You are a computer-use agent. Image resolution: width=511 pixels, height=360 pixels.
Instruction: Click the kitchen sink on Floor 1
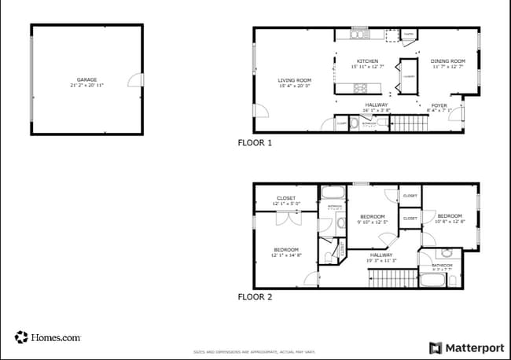click(x=358, y=34)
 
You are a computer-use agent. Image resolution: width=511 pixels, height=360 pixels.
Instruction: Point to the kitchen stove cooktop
click(x=360, y=88)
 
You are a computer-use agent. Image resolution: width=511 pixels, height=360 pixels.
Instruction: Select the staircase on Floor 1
click(x=407, y=123)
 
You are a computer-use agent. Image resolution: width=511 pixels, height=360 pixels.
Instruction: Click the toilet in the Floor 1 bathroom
click(x=355, y=123)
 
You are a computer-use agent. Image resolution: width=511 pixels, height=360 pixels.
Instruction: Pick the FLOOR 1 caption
click(x=255, y=143)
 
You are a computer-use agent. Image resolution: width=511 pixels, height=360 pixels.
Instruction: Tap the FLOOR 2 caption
click(x=255, y=297)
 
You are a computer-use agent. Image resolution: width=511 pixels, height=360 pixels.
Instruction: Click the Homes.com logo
click(x=47, y=337)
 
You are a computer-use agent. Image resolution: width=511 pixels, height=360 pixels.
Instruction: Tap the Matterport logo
click(x=466, y=347)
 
